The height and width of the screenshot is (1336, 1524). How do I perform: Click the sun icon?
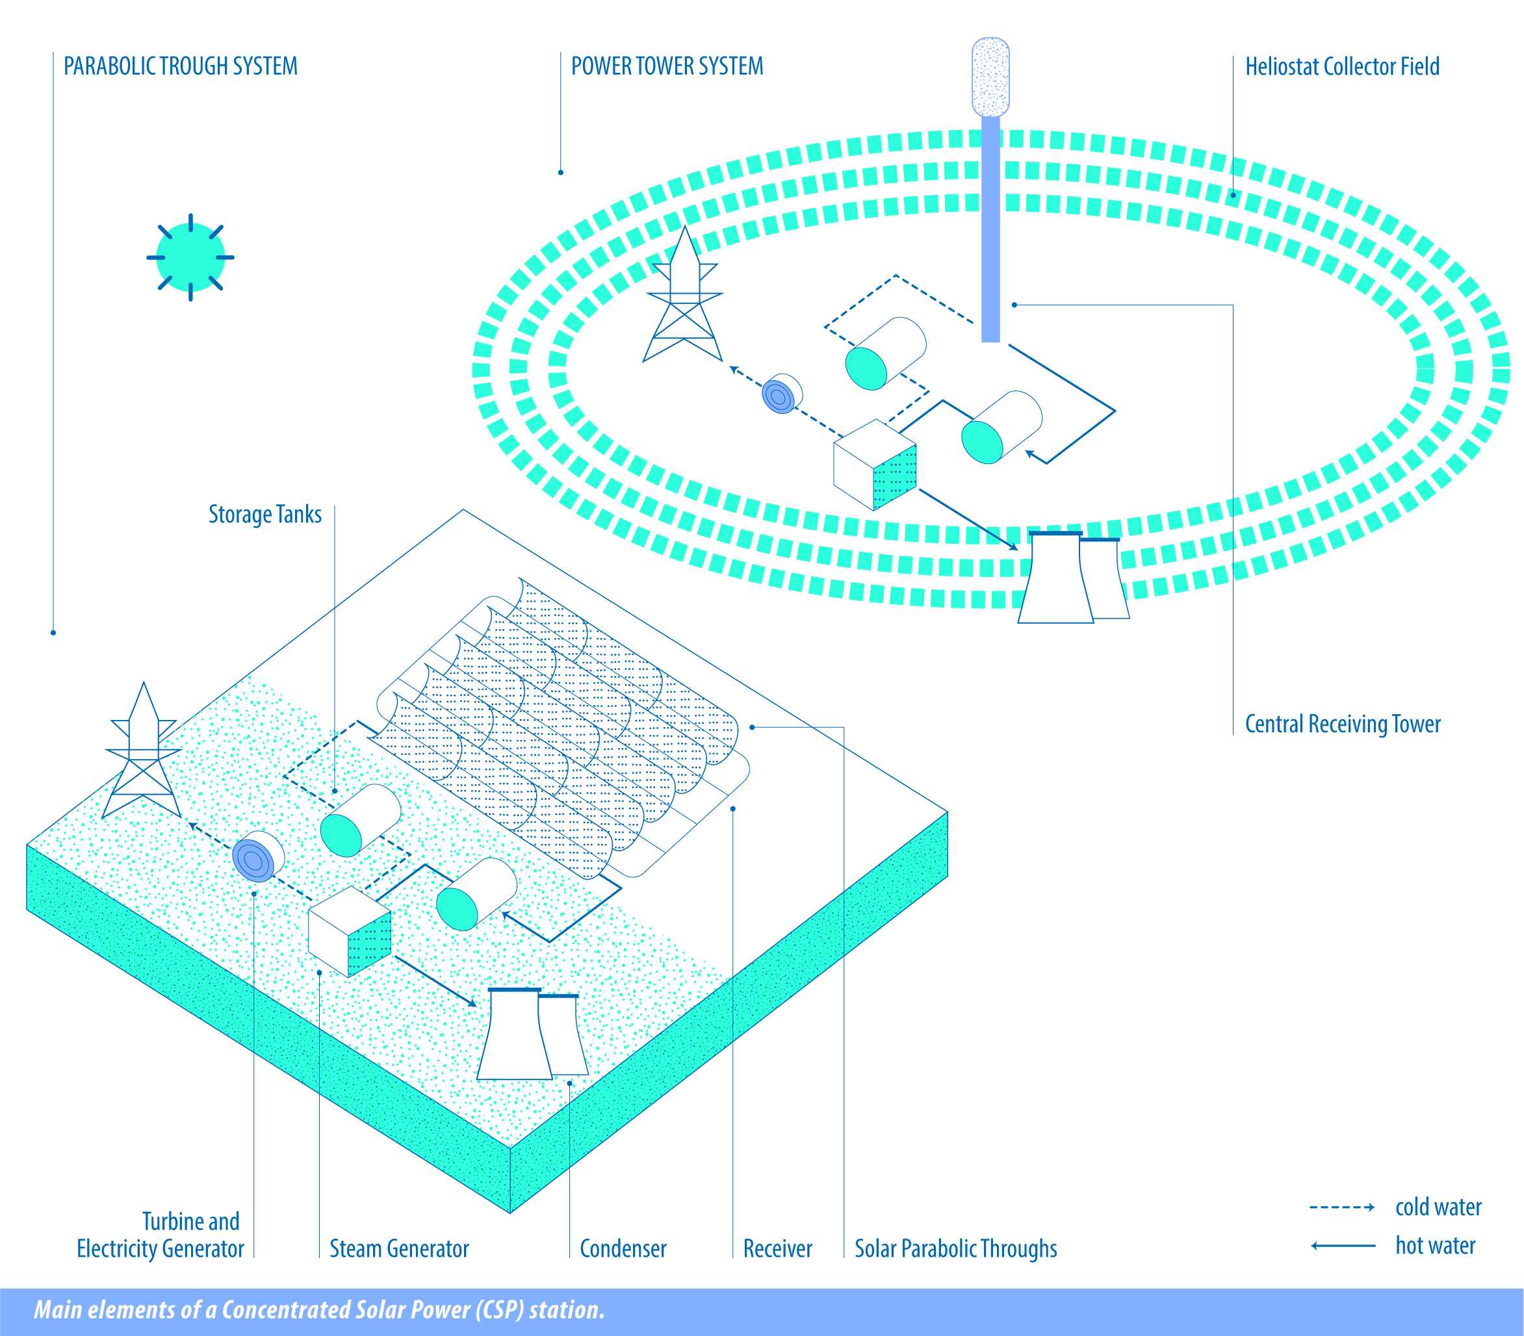191,257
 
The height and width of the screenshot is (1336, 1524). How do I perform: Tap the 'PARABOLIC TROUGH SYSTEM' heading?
181,66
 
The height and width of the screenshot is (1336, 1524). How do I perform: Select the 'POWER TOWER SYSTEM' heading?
667,66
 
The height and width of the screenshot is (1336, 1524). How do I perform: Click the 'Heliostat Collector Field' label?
1342,67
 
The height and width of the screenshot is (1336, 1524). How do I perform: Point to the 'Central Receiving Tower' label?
1343,724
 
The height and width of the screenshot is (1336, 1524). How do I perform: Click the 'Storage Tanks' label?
265,515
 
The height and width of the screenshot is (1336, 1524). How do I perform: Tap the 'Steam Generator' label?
399,1249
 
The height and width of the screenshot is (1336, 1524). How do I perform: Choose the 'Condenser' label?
623,1249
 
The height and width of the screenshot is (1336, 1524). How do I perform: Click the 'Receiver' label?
778,1249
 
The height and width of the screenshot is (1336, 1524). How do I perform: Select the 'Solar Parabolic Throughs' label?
956,1249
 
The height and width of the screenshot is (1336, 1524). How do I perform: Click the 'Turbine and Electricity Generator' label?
161,1235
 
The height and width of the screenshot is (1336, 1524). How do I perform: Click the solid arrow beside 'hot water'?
1343,1246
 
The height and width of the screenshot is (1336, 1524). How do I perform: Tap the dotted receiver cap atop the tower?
991,77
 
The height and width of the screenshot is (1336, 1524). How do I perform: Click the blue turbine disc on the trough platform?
258,856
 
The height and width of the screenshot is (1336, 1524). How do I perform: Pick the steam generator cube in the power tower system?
875,465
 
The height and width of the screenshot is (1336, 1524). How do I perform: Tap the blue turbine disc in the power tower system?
781,393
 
